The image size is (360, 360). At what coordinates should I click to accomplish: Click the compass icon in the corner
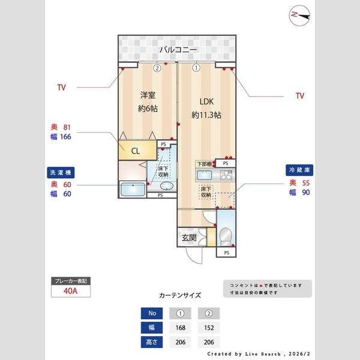pyautogui.click(x=298, y=16)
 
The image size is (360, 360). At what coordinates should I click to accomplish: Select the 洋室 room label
pyautogui.click(x=148, y=95)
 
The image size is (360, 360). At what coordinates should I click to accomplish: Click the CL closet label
pyautogui.click(x=136, y=151)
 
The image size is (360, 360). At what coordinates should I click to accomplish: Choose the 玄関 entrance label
pyautogui.click(x=189, y=238)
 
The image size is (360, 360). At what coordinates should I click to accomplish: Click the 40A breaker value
pyautogui.click(x=71, y=292)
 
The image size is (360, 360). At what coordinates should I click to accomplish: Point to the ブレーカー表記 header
pyautogui.click(x=71, y=281)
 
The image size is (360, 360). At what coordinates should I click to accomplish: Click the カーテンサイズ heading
pyautogui.click(x=180, y=295)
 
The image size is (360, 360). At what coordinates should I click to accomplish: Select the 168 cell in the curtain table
pyautogui.click(x=181, y=328)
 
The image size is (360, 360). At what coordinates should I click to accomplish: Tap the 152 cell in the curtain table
pyautogui.click(x=209, y=328)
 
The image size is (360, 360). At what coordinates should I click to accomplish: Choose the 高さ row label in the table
pyautogui.click(x=151, y=343)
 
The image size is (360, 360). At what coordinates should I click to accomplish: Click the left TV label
pyautogui.click(x=61, y=88)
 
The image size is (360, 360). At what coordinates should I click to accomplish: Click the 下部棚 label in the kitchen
pyautogui.click(x=205, y=163)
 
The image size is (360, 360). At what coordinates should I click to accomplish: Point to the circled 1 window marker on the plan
pyautogui.click(x=196, y=68)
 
